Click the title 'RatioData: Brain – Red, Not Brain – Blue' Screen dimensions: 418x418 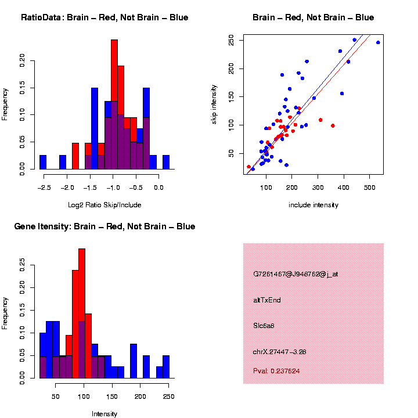point(105,17)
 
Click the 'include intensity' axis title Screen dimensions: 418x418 point(313,205)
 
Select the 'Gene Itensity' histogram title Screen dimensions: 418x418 point(105,226)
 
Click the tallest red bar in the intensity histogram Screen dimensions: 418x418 point(82,313)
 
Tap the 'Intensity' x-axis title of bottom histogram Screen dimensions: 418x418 point(105,414)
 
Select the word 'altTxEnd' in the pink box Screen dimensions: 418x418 point(267,300)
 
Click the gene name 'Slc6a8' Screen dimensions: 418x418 point(264,326)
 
